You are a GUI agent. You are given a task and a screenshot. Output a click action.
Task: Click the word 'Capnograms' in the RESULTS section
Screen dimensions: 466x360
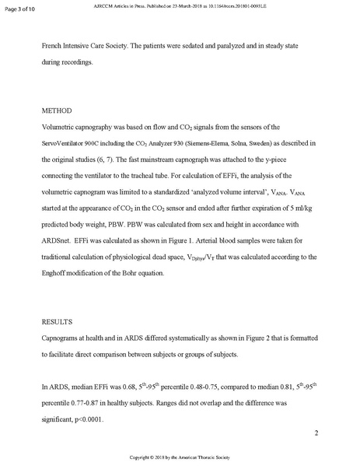click(66, 338)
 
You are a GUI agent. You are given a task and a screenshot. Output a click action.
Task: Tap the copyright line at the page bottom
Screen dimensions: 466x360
click(180, 457)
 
